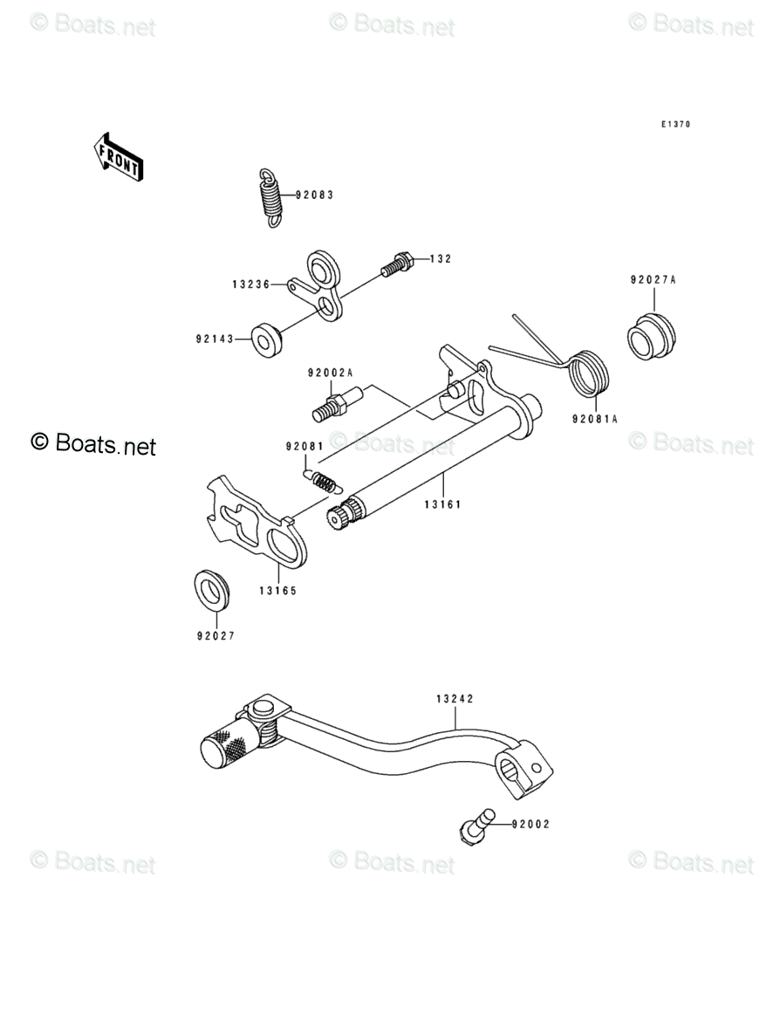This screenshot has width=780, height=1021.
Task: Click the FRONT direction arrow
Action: coord(118,157)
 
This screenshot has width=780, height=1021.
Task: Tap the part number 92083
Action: coord(314,195)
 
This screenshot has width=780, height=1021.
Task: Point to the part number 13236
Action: coord(250,284)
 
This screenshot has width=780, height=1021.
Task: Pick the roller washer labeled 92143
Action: coord(266,340)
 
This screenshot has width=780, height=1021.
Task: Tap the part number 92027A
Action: coord(653,280)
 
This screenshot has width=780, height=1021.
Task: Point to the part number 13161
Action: coord(442,504)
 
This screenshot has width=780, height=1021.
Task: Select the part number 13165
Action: coord(278,591)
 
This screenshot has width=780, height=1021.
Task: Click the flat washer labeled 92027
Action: coord(212,590)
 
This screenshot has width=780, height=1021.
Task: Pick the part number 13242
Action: coord(455,699)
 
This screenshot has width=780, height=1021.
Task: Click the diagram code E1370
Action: coord(676,125)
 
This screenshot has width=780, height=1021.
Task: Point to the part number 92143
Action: coord(215,339)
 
